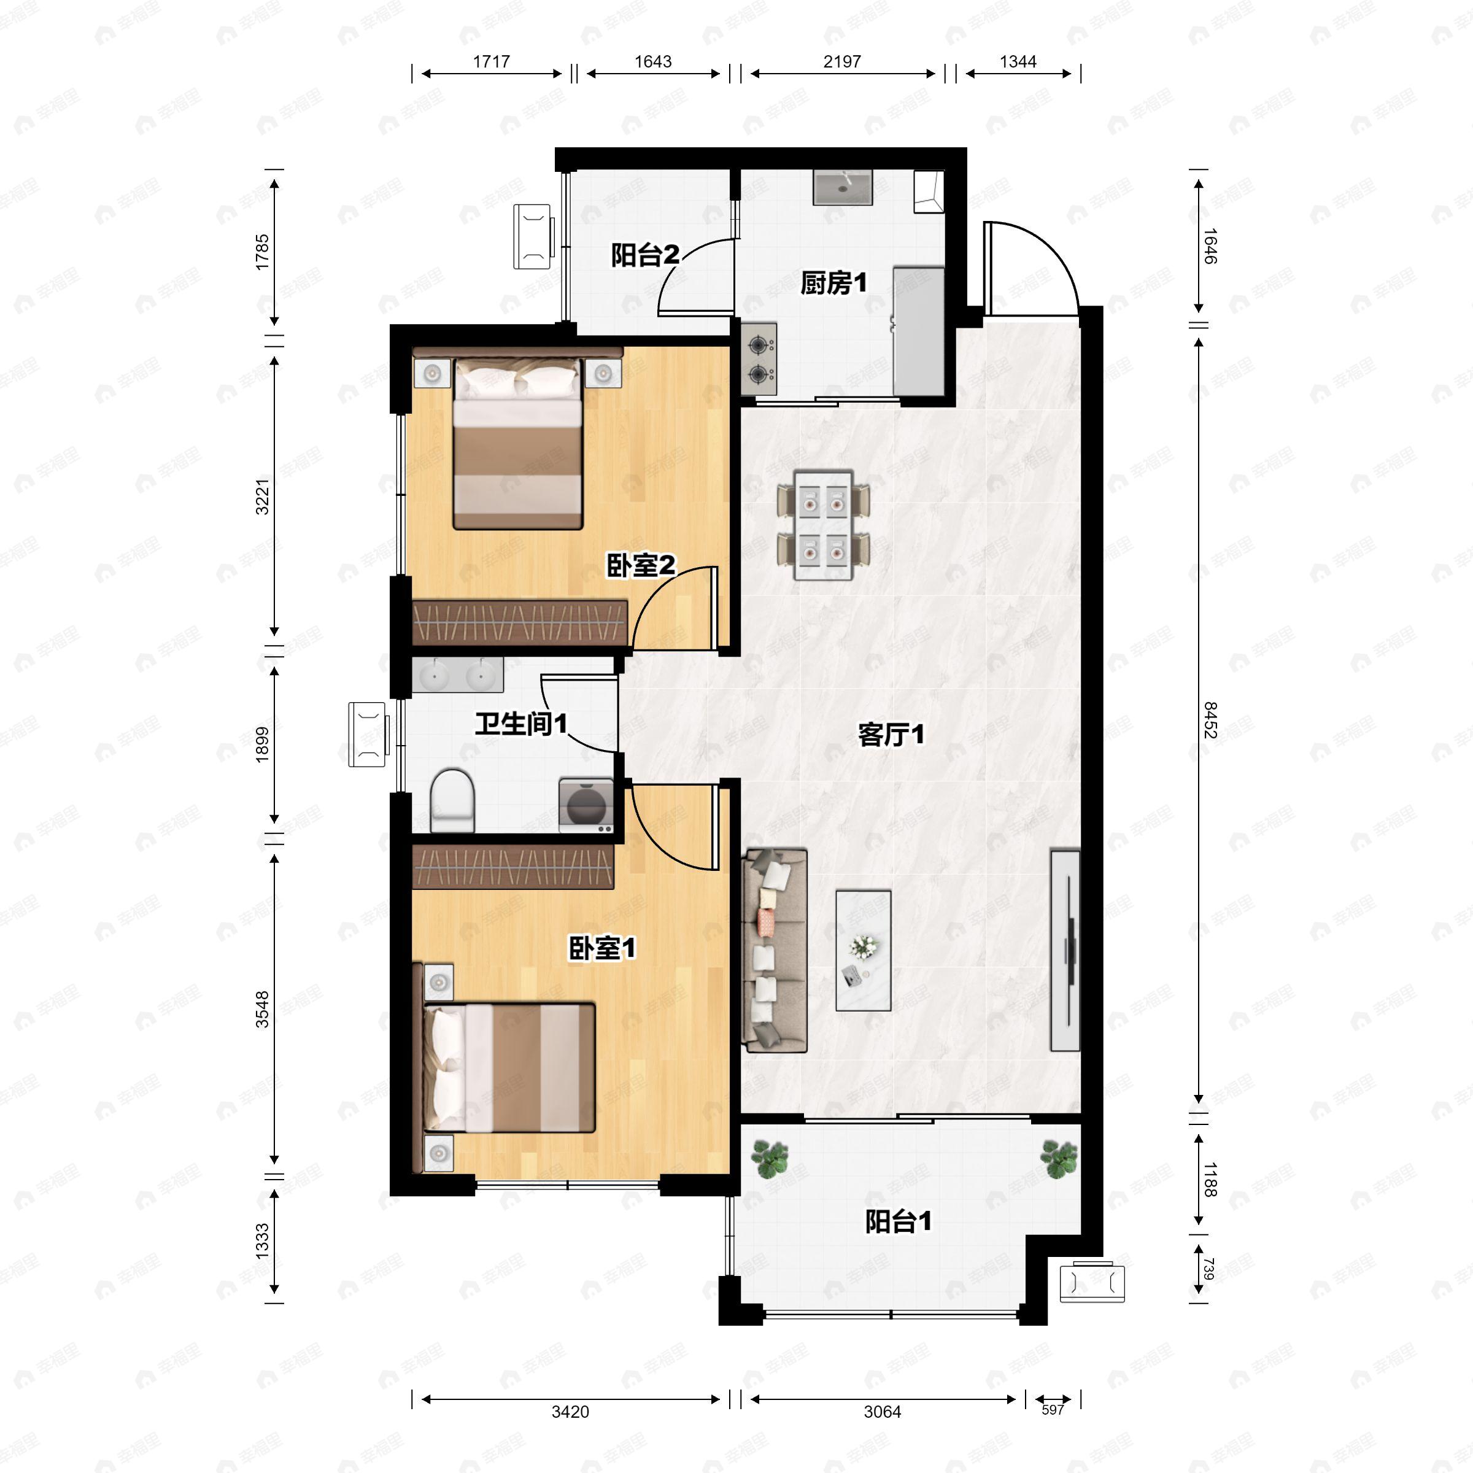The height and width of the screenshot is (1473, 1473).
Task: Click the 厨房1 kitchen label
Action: pyautogui.click(x=833, y=283)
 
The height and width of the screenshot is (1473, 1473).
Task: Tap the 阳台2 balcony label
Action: pyautogui.click(x=645, y=255)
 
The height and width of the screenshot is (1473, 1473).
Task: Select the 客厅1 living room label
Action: pyautogui.click(x=891, y=735)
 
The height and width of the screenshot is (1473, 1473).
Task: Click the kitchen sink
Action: pyautogui.click(x=841, y=188)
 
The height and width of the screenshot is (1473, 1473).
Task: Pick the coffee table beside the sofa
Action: pyautogui.click(x=863, y=950)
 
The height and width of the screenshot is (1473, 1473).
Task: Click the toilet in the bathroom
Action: pyautogui.click(x=452, y=800)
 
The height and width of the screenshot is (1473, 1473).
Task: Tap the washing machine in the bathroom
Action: pyautogui.click(x=586, y=805)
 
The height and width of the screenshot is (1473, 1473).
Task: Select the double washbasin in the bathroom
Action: pyautogui.click(x=457, y=675)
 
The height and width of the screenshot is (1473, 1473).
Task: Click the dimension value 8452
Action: pyautogui.click(x=1209, y=720)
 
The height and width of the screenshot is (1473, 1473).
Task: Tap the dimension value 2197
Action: pyautogui.click(x=841, y=61)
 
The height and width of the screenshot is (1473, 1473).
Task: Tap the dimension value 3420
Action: pyautogui.click(x=570, y=1411)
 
